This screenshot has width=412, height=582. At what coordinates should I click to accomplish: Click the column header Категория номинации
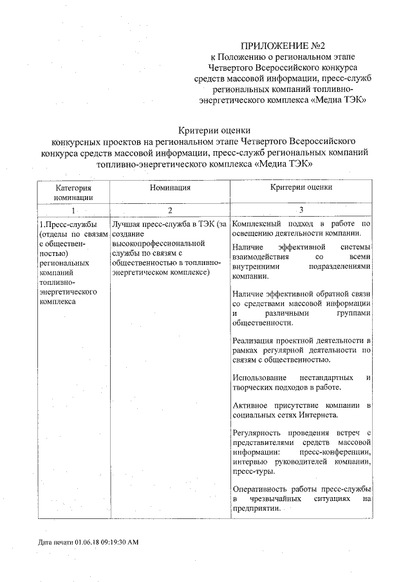pyautogui.click(x=73, y=192)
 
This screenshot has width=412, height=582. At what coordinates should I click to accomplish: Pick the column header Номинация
pyautogui.click(x=169, y=188)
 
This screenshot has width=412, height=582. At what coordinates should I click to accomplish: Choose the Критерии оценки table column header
pyautogui.click(x=301, y=187)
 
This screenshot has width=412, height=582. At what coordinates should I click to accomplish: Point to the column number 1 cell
pyautogui.click(x=73, y=210)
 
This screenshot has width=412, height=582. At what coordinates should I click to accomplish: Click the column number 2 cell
pyautogui.click(x=169, y=210)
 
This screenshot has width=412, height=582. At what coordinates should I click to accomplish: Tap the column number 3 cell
pyautogui.click(x=301, y=210)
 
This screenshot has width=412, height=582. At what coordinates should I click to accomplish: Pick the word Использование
pyautogui.click(x=259, y=376)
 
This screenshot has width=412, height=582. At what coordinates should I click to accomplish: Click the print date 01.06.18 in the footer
pyautogui.click(x=87, y=542)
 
